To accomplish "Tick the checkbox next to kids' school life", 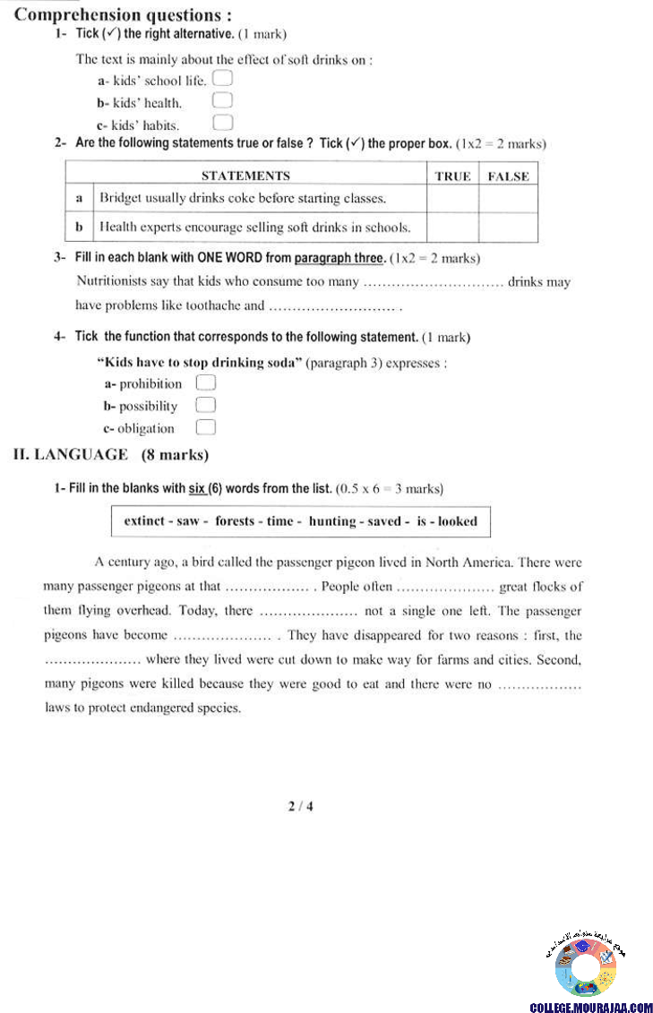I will pos(223,80).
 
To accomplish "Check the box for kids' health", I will pos(223,101).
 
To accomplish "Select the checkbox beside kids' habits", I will pos(223,123).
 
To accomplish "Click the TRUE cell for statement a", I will pos(451,199).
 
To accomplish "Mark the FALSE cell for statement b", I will pos(508,227).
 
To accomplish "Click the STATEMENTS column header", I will pos(245,176).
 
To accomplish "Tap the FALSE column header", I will pos(508,176).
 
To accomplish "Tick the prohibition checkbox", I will pos(206,383).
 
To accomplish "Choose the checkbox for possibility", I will pos(206,406).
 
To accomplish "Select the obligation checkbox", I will pos(206,428).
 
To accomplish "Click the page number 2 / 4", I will pos(300,806).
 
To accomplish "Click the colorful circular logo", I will pos(585,967).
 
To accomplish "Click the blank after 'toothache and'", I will pos(332,306).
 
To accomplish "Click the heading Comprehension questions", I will pos(124,15).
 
